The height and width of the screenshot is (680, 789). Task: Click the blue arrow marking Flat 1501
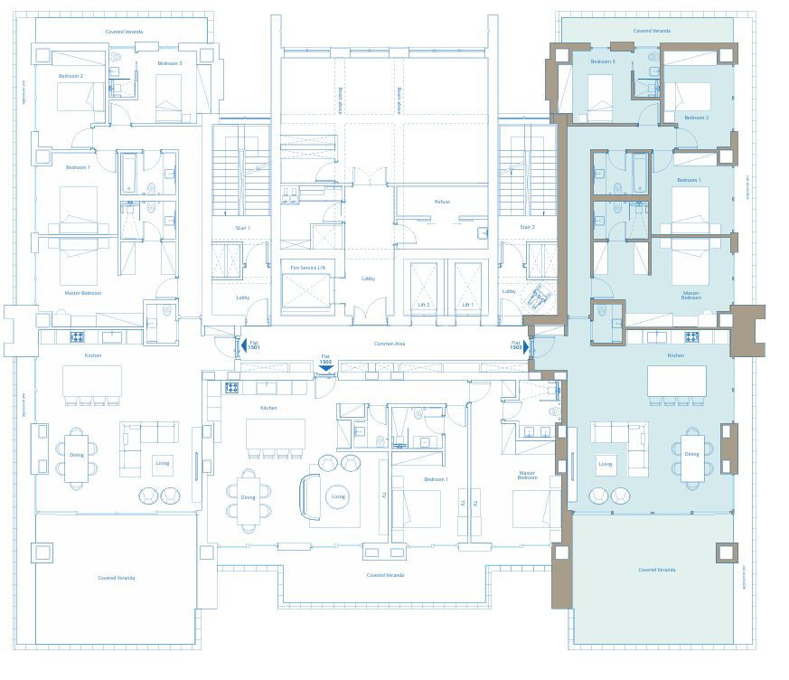pos(243,346)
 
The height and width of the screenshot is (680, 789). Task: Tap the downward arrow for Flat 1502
pos(326,368)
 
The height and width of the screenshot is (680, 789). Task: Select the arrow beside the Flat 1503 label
pos(526,346)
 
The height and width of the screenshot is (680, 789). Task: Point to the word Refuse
pos(442,202)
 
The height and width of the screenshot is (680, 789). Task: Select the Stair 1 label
pos(243,228)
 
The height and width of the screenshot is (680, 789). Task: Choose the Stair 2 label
pos(527,228)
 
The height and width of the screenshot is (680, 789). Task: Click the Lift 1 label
pos(467,305)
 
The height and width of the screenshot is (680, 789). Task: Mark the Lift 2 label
pos(423,305)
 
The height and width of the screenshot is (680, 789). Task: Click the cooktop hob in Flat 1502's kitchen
pos(231,387)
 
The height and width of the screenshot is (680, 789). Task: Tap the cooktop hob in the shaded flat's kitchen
pos(691,336)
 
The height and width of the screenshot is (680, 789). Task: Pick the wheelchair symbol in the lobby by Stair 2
pos(540,295)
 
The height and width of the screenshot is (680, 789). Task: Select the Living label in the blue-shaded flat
pos(606,464)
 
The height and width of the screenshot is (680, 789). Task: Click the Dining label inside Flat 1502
pos(248,497)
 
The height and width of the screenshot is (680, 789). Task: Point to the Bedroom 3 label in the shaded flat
pos(603,61)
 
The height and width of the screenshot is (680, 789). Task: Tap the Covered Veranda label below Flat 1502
pos(386,575)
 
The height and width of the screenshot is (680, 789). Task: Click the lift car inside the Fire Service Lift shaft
pos(307,291)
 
